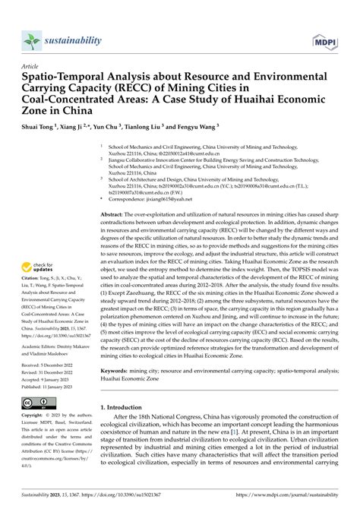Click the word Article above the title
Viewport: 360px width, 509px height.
tap(32, 67)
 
